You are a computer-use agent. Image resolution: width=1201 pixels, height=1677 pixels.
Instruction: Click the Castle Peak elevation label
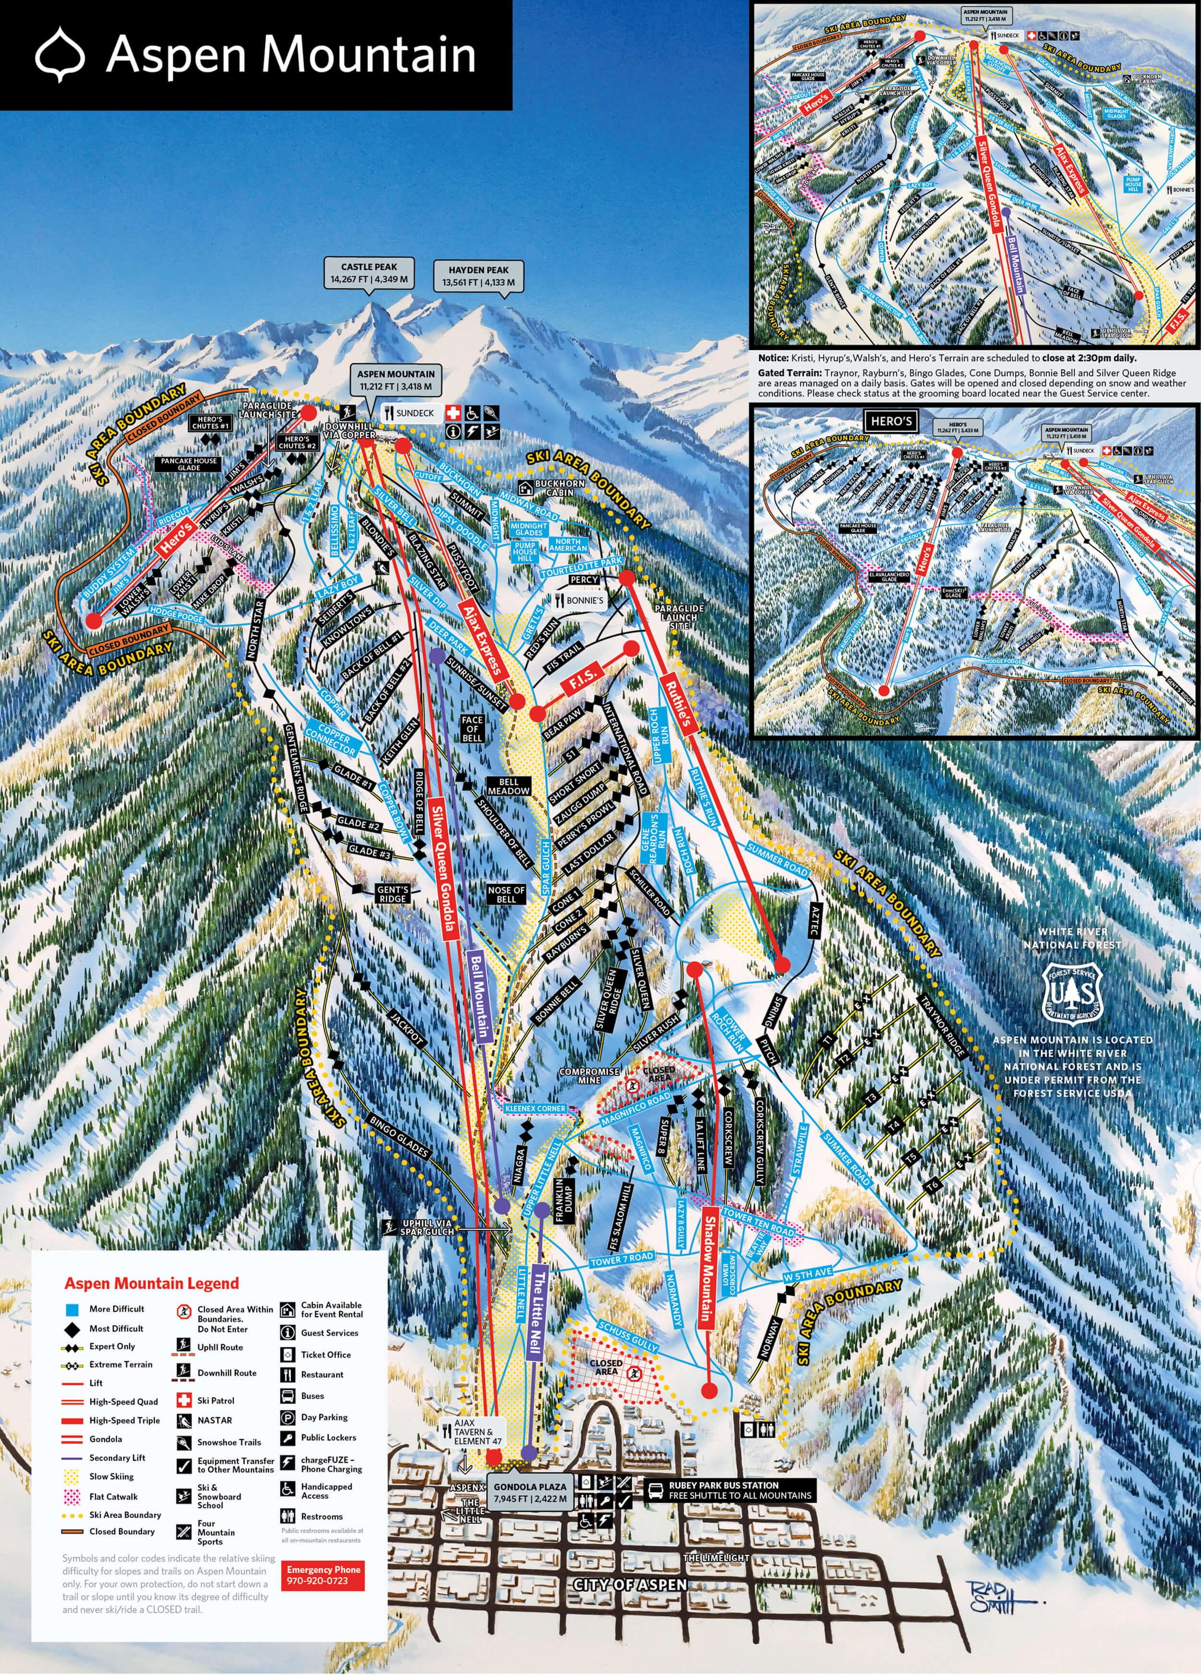click(369, 273)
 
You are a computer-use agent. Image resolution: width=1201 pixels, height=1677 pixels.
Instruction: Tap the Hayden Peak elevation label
click(478, 276)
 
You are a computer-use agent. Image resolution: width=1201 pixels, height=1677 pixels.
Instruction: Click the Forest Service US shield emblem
click(1072, 991)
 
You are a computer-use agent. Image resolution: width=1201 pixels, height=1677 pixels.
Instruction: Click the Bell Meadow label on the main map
click(508, 786)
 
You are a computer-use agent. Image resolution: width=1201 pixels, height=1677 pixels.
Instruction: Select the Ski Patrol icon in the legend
click(184, 1400)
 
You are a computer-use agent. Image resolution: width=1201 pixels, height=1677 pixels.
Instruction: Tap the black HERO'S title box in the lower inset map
click(891, 421)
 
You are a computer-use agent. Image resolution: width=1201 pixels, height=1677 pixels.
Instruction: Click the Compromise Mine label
click(589, 1075)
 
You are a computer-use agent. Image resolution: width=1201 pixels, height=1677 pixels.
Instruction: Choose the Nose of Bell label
click(506, 894)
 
